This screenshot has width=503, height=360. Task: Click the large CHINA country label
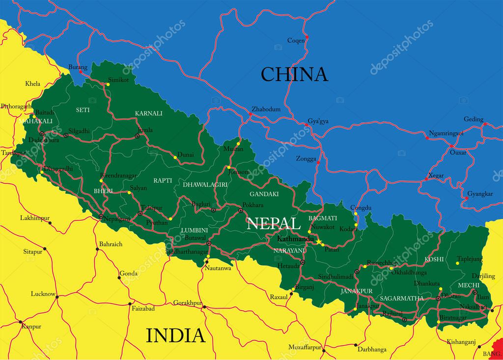tap(294, 74)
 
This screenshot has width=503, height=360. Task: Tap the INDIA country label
tap(175, 335)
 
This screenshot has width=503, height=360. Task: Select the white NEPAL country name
tap(274, 223)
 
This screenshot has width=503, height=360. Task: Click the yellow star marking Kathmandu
tap(319, 242)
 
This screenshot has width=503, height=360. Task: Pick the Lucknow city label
tap(43, 294)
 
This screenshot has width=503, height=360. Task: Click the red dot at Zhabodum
tap(250, 114)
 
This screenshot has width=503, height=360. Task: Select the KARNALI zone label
tap(148, 113)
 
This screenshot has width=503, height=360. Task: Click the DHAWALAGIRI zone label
tap(205, 185)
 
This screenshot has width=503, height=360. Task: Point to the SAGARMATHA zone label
tap(401, 298)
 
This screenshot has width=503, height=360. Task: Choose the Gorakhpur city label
tap(188, 303)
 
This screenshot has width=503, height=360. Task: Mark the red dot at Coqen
tap(307, 37)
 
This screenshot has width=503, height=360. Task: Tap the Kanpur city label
tap(31, 326)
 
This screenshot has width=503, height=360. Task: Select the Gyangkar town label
tap(480, 194)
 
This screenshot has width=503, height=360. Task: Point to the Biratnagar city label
tap(452, 318)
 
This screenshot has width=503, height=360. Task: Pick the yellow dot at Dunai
tap(175, 158)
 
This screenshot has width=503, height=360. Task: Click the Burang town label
tap(78, 67)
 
